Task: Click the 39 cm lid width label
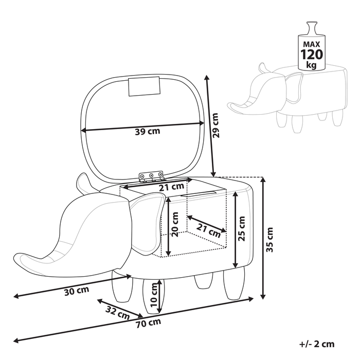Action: point(148,132)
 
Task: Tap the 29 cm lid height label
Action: point(216,125)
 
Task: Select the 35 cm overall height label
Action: point(269,240)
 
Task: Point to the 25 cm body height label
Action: point(241,228)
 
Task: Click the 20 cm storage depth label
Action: point(175,225)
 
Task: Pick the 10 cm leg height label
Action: point(154,295)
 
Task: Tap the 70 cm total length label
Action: point(149,323)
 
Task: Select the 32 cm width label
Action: point(118,313)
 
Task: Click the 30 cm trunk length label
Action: point(77,291)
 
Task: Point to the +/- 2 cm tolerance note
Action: point(317,344)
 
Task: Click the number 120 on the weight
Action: point(312,55)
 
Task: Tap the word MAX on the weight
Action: point(312,44)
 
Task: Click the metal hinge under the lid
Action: point(151,176)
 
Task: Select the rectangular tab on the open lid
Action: point(144,86)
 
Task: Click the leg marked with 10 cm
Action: point(153,296)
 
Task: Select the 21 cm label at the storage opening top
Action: point(172,187)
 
